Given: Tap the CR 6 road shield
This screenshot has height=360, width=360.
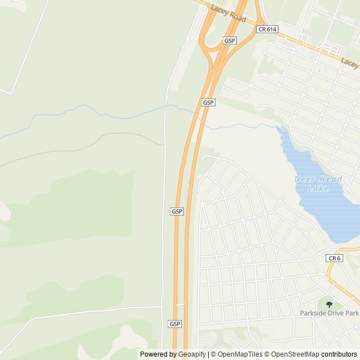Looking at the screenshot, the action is click(334, 258).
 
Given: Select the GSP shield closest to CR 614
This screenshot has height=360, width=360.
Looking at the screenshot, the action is click(229, 40).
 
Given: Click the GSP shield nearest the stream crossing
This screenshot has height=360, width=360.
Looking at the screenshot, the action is click(208, 102).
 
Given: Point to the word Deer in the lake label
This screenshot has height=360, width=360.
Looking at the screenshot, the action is click(304, 179).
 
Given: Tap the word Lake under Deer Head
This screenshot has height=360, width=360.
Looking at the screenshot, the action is click(318, 188).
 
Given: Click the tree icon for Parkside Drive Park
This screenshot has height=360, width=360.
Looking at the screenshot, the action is click(329, 304).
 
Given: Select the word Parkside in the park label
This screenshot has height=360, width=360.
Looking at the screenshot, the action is click(314, 313).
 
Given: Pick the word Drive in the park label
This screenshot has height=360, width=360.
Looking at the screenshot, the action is click(337, 313).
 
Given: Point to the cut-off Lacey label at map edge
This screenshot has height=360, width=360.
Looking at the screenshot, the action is click(350, 62).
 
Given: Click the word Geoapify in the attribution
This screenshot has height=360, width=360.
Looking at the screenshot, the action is click(191, 354).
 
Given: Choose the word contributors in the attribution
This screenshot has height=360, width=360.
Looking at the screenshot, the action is click(339, 354).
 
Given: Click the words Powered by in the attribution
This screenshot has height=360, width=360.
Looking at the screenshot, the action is click(157, 354).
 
